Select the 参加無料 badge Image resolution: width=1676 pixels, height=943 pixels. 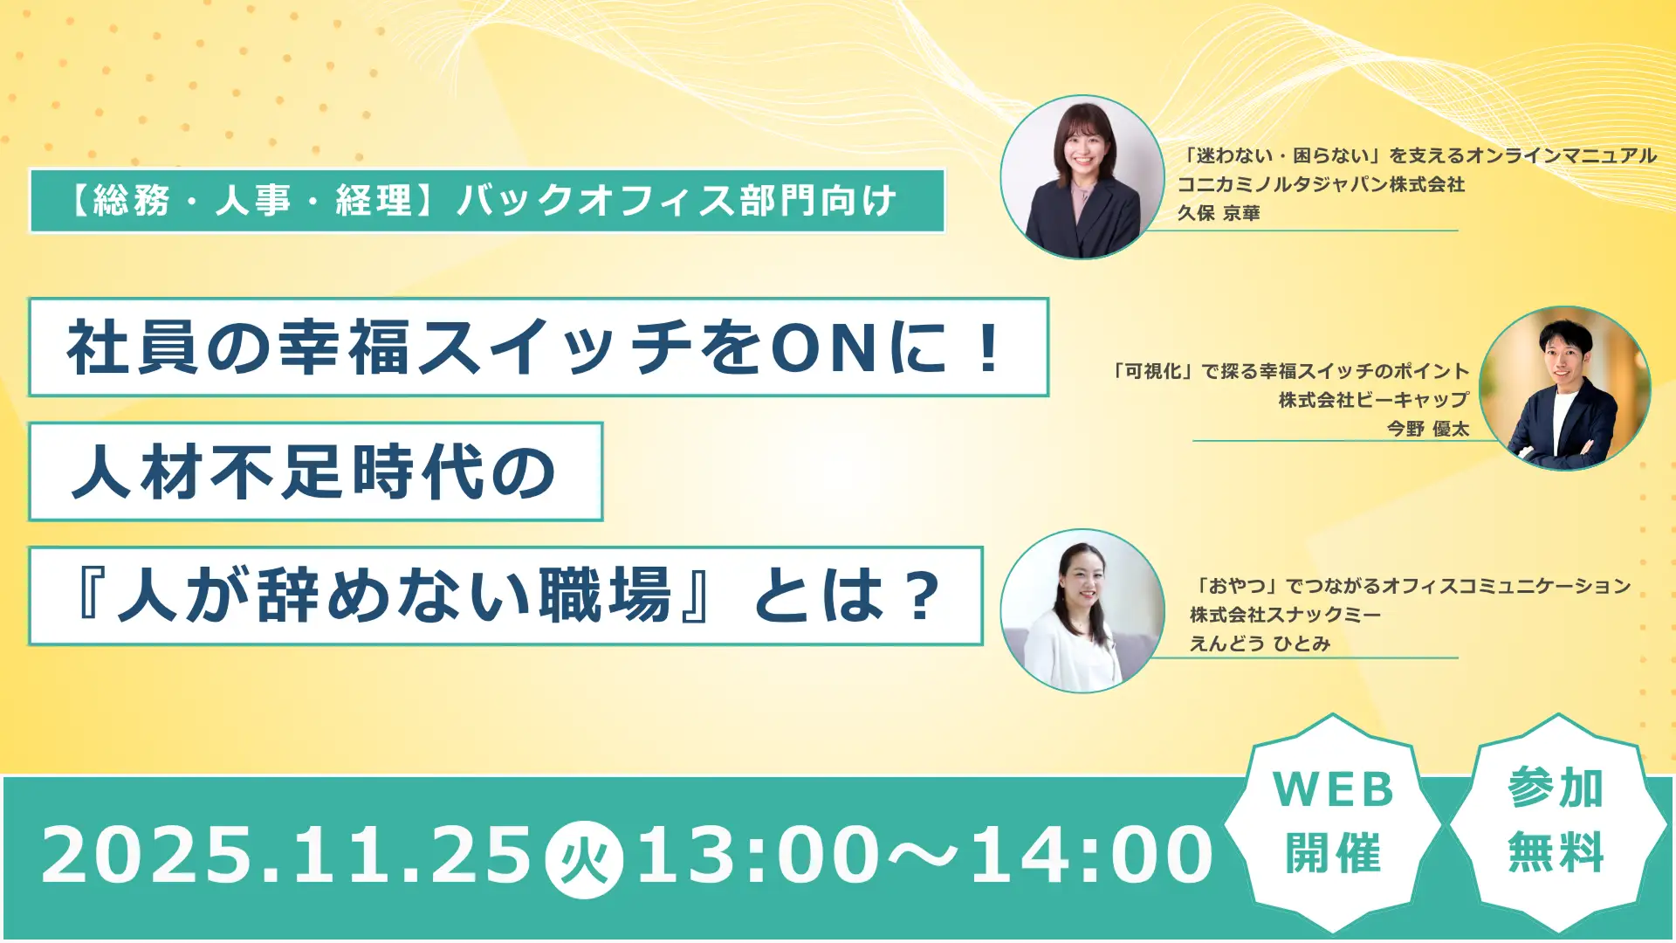point(1556,821)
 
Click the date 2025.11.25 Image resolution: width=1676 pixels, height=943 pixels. point(286,856)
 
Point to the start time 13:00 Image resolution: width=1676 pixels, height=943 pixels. point(758,856)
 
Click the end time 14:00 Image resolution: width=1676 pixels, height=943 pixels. point(1091,856)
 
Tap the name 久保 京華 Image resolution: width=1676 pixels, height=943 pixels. point(1219,213)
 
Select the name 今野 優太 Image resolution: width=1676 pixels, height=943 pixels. point(1428,429)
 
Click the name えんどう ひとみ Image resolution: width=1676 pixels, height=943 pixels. point(1260,644)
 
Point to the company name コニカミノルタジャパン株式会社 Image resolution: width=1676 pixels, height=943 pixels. point(1321,184)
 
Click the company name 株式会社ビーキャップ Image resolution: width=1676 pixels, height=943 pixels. point(1374,400)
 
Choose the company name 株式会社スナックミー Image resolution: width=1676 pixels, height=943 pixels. point(1285,615)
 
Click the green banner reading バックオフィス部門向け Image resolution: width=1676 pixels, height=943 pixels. point(487,201)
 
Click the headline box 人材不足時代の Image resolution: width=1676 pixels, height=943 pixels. point(315,471)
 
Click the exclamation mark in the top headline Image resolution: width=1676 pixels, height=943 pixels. point(989,348)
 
